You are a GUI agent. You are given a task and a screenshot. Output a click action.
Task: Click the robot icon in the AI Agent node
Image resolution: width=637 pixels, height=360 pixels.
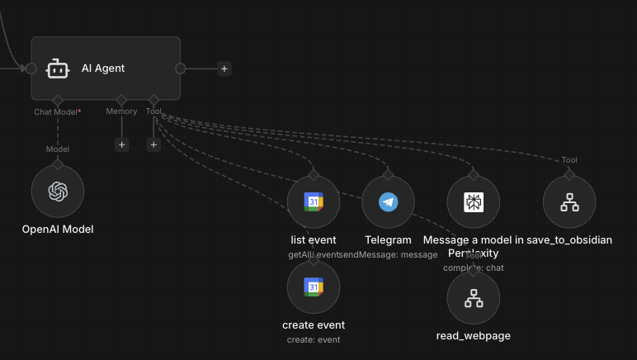click(56, 69)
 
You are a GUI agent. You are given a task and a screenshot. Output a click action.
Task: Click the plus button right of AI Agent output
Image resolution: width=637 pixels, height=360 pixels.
click(224, 69)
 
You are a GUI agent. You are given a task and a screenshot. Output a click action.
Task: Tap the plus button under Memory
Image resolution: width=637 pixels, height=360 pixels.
click(122, 144)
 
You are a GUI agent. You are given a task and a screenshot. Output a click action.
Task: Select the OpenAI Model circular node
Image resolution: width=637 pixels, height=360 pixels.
click(58, 192)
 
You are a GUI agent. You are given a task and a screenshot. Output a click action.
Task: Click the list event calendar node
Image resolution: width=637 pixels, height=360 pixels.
click(314, 202)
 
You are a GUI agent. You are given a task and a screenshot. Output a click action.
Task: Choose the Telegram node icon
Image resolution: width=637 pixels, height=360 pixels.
click(388, 202)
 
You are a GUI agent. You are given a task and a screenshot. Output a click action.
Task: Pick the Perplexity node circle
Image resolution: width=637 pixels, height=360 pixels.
click(474, 202)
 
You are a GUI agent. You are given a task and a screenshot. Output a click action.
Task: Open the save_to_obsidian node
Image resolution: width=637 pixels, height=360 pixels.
click(569, 202)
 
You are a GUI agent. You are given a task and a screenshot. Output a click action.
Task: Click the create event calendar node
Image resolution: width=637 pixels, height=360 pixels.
click(314, 287)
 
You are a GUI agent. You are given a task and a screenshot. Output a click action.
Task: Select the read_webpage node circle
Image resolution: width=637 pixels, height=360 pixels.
click(474, 298)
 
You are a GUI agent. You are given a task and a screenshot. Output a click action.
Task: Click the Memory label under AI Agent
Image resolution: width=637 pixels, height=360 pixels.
click(121, 111)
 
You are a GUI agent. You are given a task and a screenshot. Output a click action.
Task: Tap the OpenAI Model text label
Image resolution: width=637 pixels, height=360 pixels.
click(58, 229)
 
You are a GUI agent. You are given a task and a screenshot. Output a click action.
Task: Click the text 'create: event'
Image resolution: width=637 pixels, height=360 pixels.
click(314, 339)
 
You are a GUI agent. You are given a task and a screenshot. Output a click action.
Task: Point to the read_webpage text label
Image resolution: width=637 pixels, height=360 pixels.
click(474, 335)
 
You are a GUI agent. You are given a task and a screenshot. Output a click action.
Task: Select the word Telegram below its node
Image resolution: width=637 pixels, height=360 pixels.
click(388, 239)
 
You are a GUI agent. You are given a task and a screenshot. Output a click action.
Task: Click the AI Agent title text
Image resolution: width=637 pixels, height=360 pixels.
click(103, 68)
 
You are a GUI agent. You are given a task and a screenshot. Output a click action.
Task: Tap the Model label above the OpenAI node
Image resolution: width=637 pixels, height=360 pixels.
click(57, 149)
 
